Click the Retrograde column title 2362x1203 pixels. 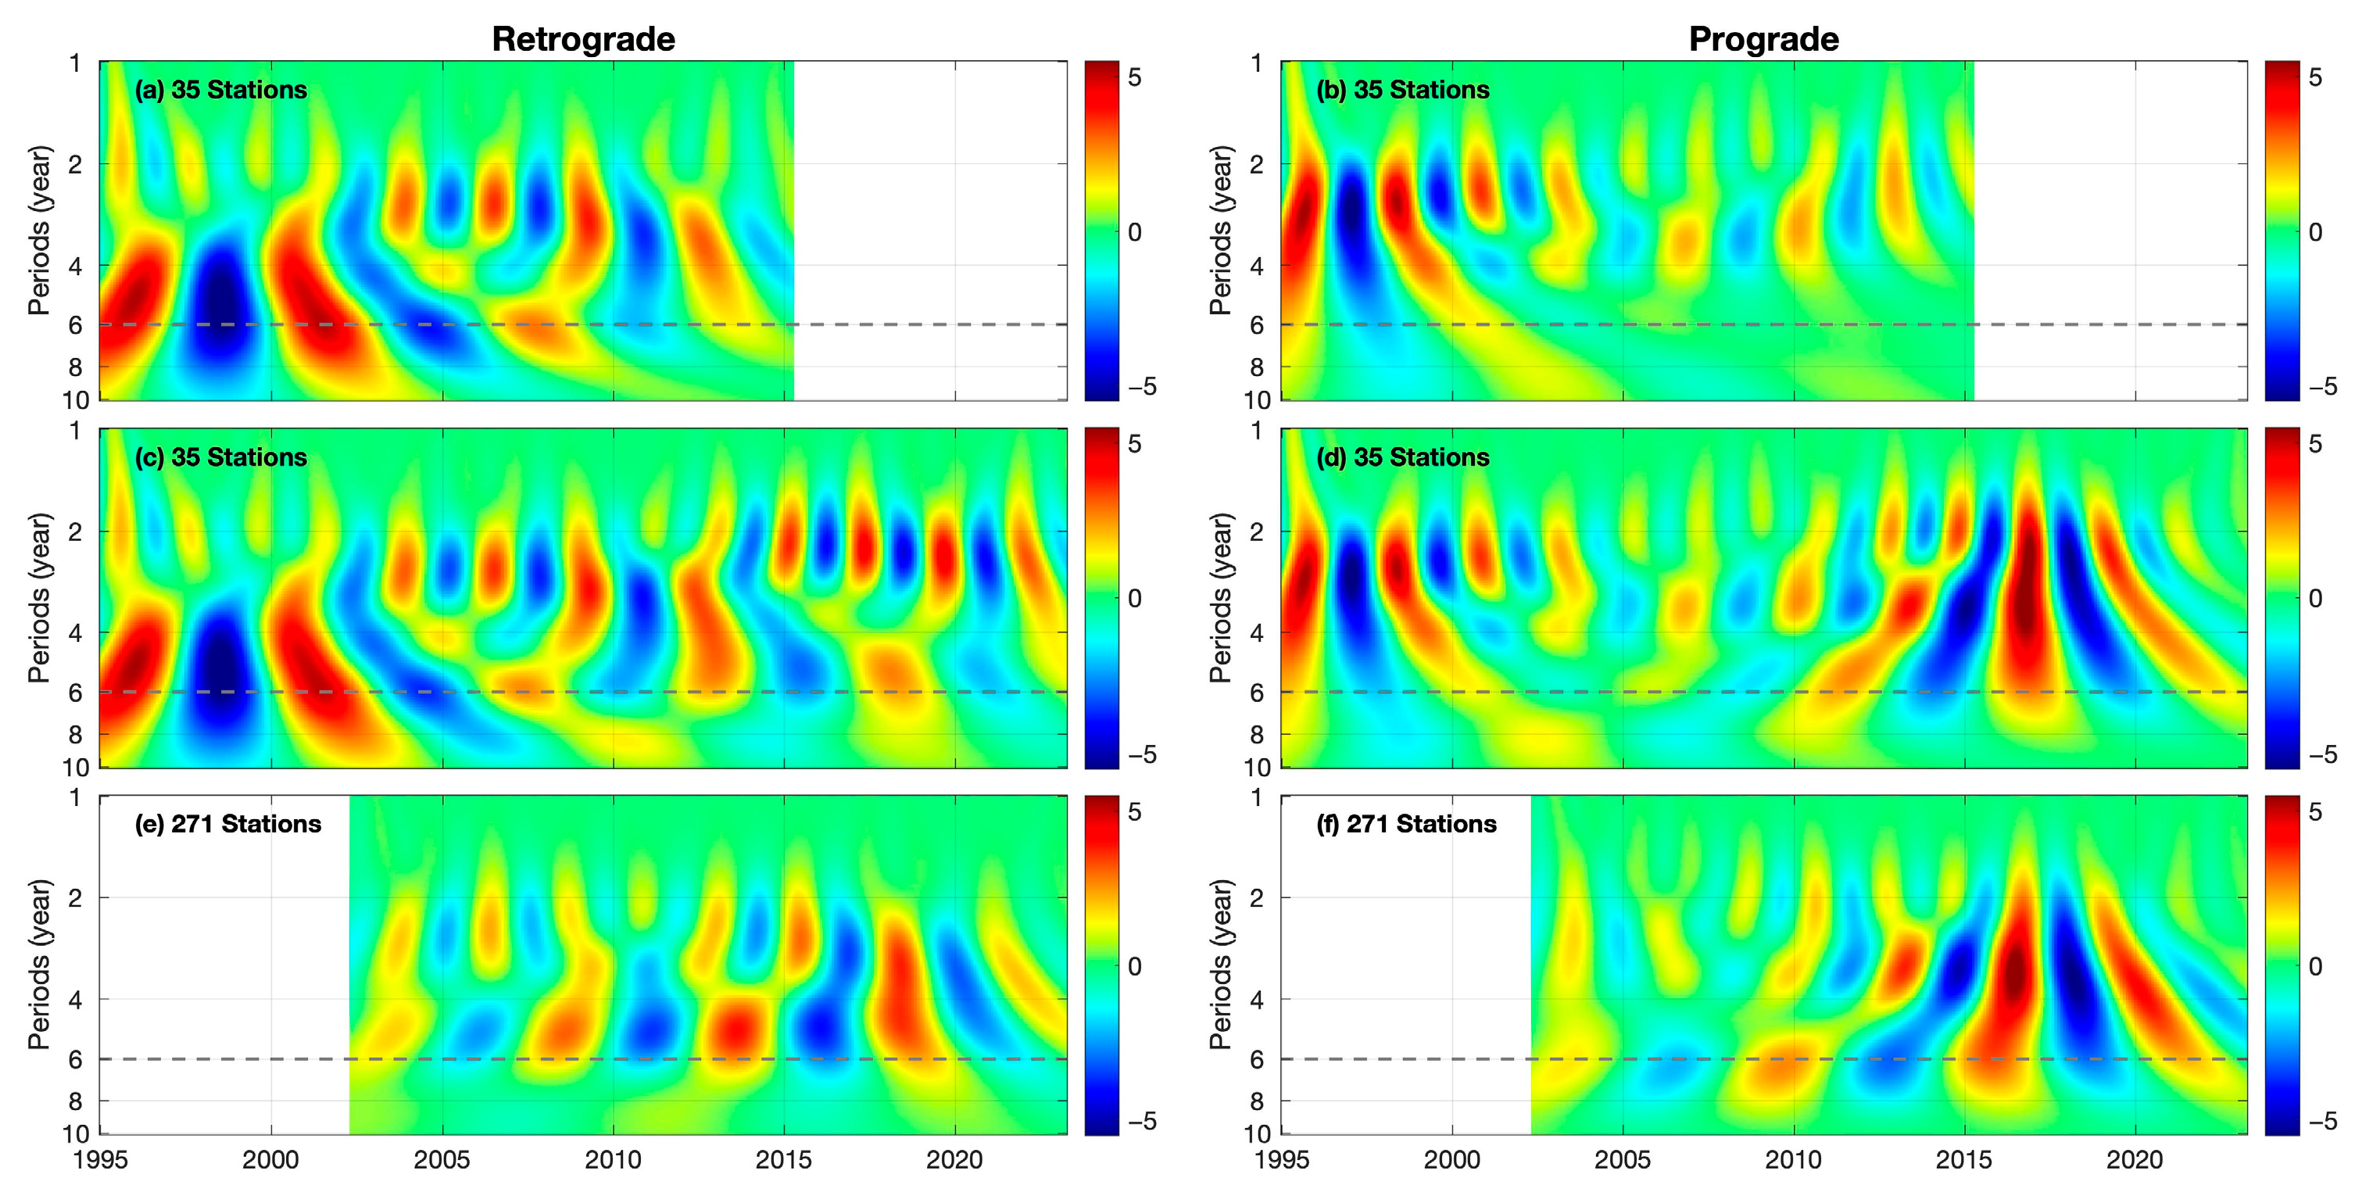[x=583, y=39]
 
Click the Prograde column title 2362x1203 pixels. [x=1763, y=39]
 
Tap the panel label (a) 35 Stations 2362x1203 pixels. [x=221, y=90]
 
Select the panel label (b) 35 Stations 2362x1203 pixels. [x=1403, y=90]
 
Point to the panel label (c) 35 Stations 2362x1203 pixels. [x=221, y=456]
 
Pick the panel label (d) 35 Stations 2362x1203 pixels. [x=1403, y=456]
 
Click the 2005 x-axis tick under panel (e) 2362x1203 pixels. [x=442, y=1160]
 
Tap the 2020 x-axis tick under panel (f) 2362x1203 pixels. [x=2135, y=1160]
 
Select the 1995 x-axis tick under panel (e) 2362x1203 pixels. [x=101, y=1160]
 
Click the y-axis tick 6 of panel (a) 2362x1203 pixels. [x=75, y=325]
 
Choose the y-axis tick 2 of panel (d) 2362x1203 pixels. [x=1257, y=532]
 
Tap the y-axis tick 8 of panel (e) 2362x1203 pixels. [x=75, y=1101]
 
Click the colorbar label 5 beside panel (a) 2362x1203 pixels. [x=1135, y=78]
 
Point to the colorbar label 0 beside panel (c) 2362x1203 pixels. [x=1135, y=599]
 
